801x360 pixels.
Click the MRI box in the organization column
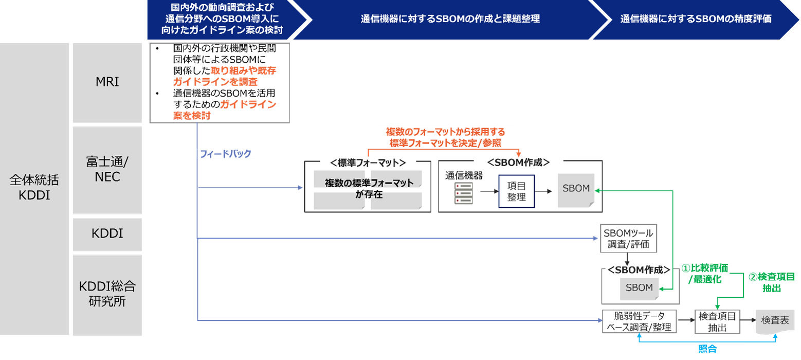tap(107, 82)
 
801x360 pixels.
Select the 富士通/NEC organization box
tap(107, 170)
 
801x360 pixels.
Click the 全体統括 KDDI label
tap(34, 188)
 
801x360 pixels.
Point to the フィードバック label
tap(225, 154)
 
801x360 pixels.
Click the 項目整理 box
tap(516, 191)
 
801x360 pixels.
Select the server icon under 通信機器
tap(463, 193)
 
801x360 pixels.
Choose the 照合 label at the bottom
tap(707, 349)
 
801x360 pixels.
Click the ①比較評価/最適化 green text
tap(704, 274)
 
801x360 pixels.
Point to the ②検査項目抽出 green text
tap(771, 282)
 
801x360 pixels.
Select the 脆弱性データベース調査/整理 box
tap(640, 321)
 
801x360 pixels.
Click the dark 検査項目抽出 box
tap(717, 322)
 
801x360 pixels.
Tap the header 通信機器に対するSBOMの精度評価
tap(695, 20)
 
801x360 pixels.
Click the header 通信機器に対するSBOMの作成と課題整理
tap(450, 20)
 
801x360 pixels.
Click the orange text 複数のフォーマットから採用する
tap(445, 132)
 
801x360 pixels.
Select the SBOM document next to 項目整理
tap(576, 189)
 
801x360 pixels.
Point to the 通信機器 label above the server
tap(464, 175)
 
